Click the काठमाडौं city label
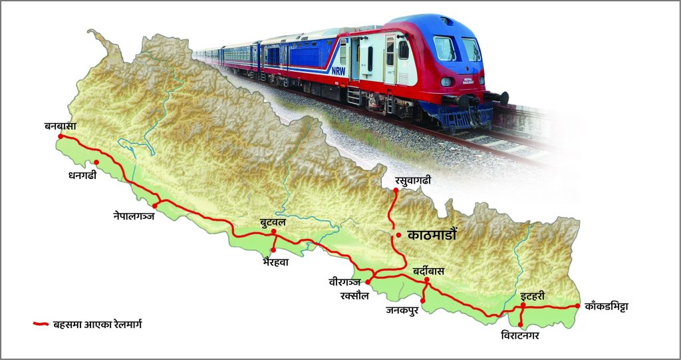click(436, 236)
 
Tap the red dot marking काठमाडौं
click(398, 236)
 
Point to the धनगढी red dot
click(97, 162)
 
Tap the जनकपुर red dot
click(423, 301)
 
